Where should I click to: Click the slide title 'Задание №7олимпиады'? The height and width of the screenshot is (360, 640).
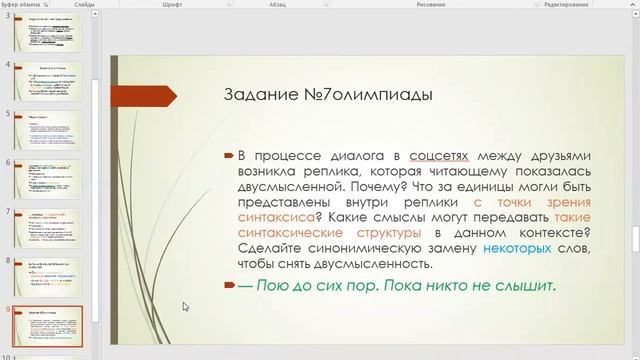coord(326,96)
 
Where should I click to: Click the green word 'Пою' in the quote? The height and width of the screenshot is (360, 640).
coord(273,286)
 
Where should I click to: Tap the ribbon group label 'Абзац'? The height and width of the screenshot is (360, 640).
coord(307,5)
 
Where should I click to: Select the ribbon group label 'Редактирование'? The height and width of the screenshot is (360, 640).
coord(567,5)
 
